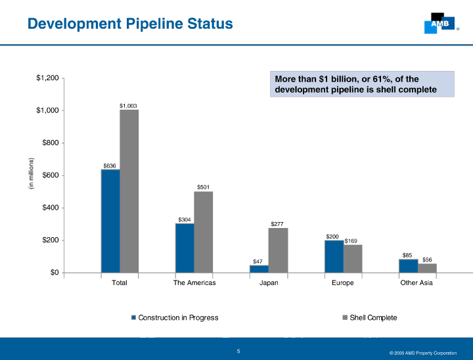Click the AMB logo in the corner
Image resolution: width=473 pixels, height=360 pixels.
pyautogui.click(x=438, y=23)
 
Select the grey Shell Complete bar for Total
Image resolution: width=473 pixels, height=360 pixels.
pyautogui.click(x=129, y=191)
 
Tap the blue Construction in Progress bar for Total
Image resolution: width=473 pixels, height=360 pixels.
pyautogui.click(x=110, y=221)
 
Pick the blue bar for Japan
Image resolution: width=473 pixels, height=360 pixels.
pyautogui.click(x=259, y=269)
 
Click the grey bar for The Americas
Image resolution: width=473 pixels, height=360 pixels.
pyautogui.click(x=204, y=232)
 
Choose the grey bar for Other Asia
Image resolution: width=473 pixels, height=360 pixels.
pyautogui.click(x=427, y=268)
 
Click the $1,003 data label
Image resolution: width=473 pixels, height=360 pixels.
pyautogui.click(x=128, y=105)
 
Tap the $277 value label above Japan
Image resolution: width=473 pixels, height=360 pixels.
pyautogui.click(x=277, y=224)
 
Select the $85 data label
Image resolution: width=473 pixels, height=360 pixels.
pyautogui.click(x=407, y=255)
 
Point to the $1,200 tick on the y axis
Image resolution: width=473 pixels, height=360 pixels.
pyautogui.click(x=47, y=78)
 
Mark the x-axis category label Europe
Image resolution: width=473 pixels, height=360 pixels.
pyautogui.click(x=343, y=282)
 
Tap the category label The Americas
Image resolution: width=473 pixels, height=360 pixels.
pyautogui.click(x=194, y=282)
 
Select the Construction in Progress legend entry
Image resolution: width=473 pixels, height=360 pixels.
pyautogui.click(x=175, y=318)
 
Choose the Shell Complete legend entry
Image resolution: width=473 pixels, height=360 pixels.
pyautogui.click(x=370, y=318)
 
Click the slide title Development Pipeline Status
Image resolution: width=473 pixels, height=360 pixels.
pyautogui.click(x=130, y=24)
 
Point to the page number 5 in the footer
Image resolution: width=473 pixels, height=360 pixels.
pyautogui.click(x=239, y=351)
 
